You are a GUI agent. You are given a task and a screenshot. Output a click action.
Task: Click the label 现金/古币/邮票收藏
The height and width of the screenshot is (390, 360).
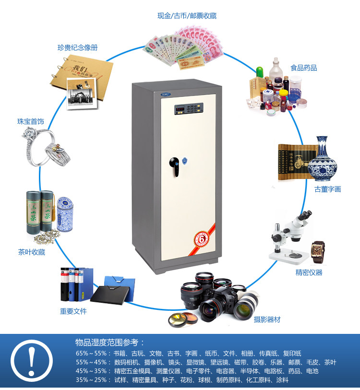[x=187, y=16]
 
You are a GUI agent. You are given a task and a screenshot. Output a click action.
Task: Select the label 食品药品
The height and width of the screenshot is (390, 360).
[x=303, y=68]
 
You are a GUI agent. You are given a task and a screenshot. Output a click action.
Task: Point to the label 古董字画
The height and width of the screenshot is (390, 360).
[x=327, y=189]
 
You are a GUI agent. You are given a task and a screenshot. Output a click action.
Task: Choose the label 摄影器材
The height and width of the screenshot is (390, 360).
[x=267, y=319]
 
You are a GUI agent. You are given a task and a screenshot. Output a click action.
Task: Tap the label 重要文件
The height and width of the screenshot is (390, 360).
[x=73, y=311]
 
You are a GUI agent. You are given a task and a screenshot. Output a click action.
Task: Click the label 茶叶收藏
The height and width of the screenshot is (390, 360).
[x=32, y=252]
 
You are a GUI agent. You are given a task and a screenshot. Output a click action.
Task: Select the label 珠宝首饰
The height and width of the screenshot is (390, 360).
[x=31, y=122]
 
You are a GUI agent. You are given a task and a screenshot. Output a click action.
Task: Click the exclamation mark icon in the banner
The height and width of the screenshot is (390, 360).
[x=32, y=363]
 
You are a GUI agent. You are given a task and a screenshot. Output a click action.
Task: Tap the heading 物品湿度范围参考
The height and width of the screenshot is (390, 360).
[x=110, y=342]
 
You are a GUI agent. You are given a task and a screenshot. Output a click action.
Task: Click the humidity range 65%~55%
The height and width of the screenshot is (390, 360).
[x=91, y=353]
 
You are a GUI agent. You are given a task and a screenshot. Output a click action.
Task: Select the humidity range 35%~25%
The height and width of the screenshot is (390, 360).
[x=91, y=379]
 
